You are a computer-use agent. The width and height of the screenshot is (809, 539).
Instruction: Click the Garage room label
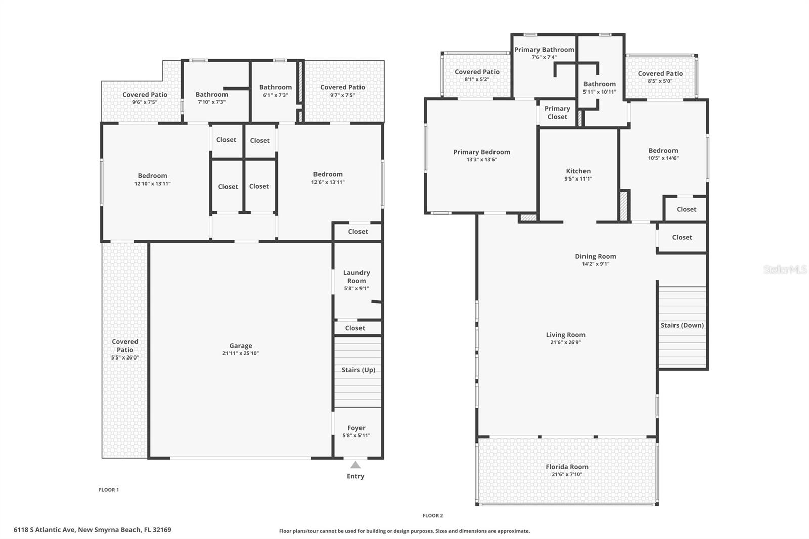(x=240, y=346)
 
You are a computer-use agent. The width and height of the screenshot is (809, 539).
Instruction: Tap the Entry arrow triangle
(x=355, y=465)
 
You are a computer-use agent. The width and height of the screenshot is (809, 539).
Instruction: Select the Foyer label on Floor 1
(x=356, y=428)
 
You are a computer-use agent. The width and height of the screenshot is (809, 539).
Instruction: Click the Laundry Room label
(x=356, y=277)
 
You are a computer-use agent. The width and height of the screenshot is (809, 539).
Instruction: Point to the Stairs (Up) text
(x=358, y=370)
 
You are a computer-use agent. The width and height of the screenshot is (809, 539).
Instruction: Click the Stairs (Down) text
(x=682, y=325)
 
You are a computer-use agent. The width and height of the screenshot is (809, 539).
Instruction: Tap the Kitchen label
(x=578, y=171)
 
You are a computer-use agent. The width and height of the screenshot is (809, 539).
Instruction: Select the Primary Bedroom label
(x=481, y=152)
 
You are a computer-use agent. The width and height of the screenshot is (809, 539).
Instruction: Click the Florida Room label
(x=567, y=467)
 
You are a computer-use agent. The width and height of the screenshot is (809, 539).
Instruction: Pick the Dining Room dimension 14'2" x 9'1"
(x=596, y=264)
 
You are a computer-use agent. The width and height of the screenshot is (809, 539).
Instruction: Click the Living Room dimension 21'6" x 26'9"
(x=565, y=342)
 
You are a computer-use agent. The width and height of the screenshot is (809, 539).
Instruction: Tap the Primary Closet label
(x=557, y=113)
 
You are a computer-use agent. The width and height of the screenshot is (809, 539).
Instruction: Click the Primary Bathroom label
(x=544, y=50)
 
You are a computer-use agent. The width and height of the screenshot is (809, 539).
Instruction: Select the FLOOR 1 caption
(x=109, y=490)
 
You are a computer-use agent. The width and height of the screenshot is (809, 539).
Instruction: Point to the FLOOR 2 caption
(x=433, y=516)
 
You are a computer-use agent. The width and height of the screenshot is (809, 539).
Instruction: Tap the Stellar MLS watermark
(x=785, y=270)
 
